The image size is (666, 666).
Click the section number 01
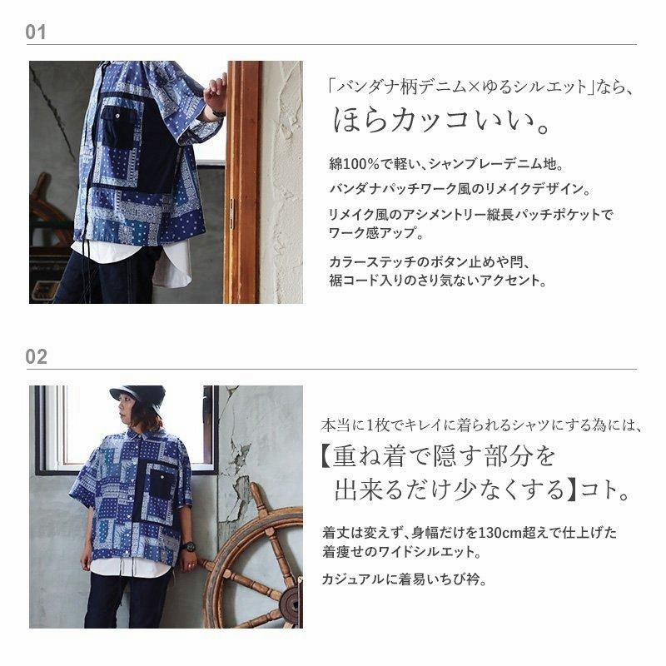[x=35, y=32]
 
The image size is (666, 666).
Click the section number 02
[x=36, y=357]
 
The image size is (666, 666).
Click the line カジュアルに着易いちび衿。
[x=404, y=579]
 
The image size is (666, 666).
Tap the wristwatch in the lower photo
[x=188, y=546]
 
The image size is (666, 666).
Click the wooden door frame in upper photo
[x=242, y=182]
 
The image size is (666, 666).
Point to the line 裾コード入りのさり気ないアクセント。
[x=437, y=281]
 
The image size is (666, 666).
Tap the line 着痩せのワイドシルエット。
[x=401, y=552]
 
